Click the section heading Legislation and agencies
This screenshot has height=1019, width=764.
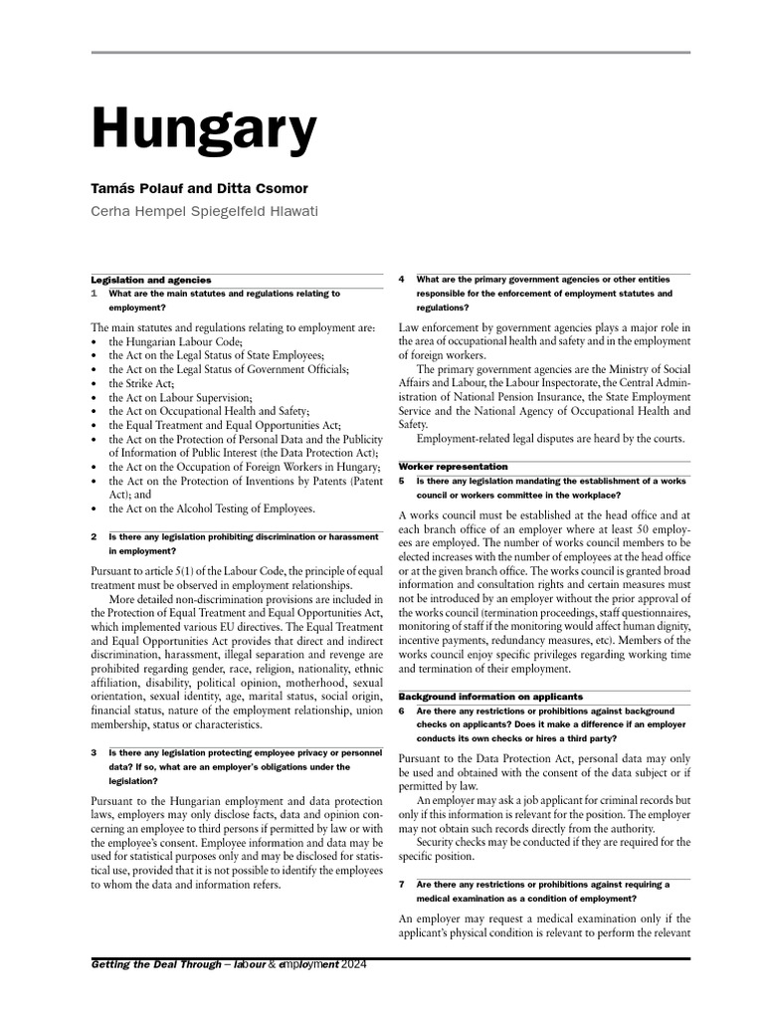150,281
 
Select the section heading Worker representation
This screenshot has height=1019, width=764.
453,466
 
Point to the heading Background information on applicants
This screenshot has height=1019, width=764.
490,697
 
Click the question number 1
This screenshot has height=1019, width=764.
95,295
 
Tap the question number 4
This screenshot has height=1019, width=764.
401,280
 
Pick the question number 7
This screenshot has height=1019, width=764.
401,884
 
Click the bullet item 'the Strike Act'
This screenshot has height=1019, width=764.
141,383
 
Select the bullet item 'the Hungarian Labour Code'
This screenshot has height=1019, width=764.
176,341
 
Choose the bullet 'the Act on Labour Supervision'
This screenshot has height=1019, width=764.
180,397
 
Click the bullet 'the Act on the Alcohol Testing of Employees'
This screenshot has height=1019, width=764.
212,509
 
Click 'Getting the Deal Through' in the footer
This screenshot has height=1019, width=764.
155,965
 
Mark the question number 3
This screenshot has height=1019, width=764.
95,753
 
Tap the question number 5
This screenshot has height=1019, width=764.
401,481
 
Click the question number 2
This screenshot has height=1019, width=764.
95,536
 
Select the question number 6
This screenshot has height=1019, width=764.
401,712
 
